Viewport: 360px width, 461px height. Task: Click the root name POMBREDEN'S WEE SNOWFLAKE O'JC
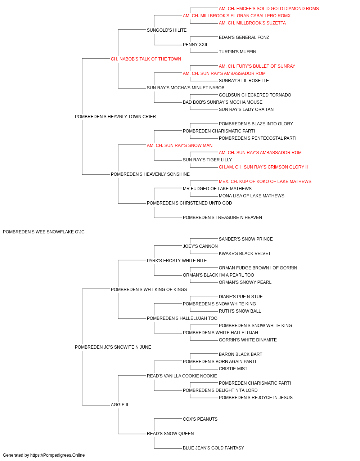[44, 232]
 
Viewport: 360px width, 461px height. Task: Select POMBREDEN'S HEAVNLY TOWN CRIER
[115, 117]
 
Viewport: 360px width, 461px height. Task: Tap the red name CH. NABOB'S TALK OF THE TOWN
[146, 59]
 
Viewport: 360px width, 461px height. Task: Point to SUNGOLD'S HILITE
[167, 30]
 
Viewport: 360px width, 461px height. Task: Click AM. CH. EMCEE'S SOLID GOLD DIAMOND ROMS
[269, 9]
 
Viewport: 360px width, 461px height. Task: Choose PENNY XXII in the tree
[195, 45]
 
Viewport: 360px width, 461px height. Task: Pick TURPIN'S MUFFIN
[238, 52]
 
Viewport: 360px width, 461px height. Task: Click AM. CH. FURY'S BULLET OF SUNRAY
[257, 66]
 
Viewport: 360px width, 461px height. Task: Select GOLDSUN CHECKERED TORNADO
[255, 95]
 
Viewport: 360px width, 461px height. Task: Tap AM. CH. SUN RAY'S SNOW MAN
[180, 146]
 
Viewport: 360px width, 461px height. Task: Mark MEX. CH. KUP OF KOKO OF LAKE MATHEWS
[265, 182]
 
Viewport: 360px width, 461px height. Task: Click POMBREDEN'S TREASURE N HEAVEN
[222, 218]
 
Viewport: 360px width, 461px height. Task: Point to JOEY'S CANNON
[201, 246]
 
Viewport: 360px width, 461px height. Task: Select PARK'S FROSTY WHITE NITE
[177, 261]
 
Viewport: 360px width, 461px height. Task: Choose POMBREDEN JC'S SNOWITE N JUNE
[113, 347]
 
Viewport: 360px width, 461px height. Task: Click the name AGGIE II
[120, 405]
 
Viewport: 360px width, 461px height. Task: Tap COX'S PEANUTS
[200, 419]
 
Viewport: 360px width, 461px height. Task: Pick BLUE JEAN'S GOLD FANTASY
[213, 448]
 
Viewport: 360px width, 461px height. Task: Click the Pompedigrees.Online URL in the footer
[58, 455]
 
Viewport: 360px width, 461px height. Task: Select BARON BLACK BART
[240, 354]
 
